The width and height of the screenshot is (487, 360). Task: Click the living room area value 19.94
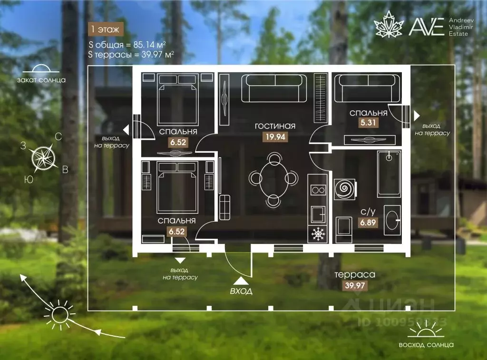(275, 136)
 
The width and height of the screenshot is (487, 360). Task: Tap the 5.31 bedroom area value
(368, 122)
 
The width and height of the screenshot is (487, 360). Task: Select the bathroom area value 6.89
(368, 223)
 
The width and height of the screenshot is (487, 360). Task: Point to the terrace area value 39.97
(355, 285)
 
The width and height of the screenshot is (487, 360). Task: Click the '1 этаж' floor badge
(105, 29)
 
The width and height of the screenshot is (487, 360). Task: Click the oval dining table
(273, 180)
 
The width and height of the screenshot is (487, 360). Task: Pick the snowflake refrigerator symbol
(318, 234)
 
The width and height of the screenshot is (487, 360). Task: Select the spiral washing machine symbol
(345, 188)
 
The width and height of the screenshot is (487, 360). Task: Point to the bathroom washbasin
(392, 220)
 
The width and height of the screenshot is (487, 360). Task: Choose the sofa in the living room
(274, 88)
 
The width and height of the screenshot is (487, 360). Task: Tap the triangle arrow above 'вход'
(241, 281)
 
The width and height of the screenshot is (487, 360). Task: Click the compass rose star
(43, 158)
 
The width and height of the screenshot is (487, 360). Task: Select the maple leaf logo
(389, 24)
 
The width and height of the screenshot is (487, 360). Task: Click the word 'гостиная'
(275, 126)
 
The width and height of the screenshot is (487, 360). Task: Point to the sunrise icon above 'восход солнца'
(426, 330)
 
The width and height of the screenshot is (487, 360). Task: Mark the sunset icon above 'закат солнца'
(41, 68)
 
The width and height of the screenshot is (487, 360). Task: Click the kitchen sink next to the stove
(318, 214)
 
